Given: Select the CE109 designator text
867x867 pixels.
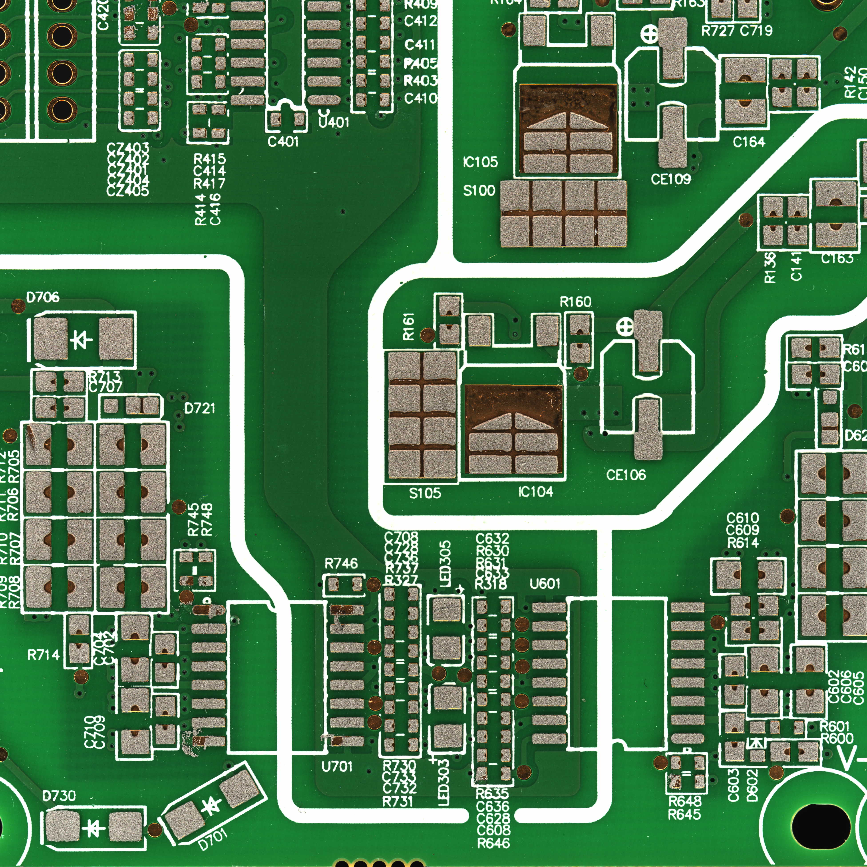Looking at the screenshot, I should [670, 179].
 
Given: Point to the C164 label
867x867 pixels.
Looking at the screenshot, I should [749, 142].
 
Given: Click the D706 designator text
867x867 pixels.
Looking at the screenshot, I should [43, 297].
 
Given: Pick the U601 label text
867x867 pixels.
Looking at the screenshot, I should [545, 584].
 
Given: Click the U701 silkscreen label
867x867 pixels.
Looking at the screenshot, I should [337, 766].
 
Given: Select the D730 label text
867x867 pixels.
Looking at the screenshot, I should [59, 796].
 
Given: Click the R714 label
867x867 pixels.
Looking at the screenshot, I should [44, 655].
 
